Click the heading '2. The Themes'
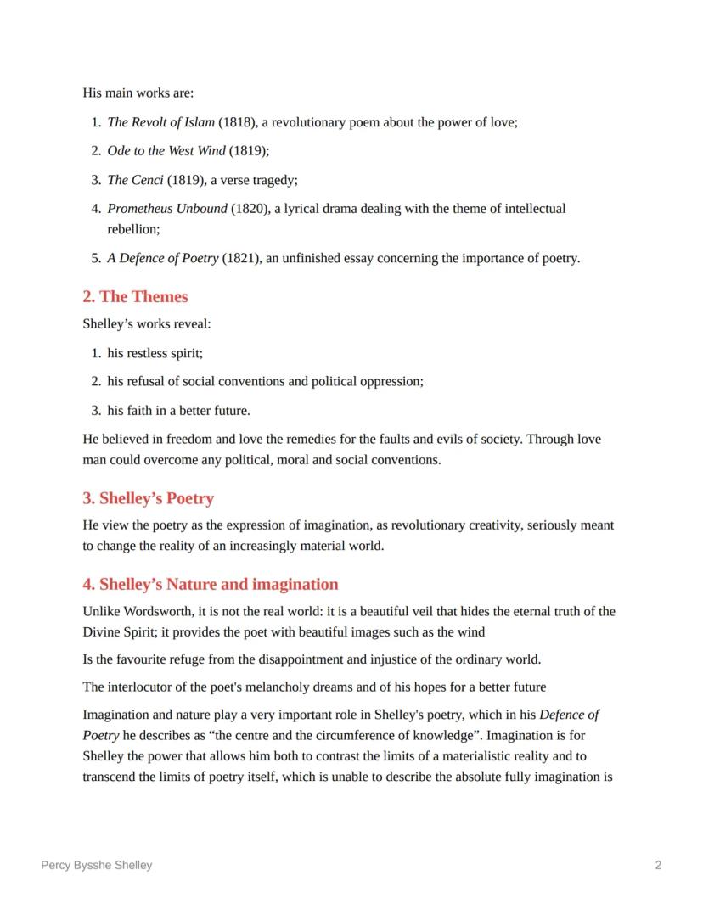[135, 296]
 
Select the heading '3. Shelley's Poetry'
[148, 498]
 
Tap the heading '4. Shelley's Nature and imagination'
[210, 584]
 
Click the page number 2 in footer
[658, 865]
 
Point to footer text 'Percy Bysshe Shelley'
[97, 865]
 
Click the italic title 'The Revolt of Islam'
[160, 122]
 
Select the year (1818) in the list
[236, 122]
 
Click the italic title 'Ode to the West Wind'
[166, 151]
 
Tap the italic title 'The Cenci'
[135, 180]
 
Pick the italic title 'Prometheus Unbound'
[167, 209]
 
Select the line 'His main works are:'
[138, 93]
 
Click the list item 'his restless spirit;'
[155, 353]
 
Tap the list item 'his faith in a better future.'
[178, 411]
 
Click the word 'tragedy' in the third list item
[271, 180]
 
